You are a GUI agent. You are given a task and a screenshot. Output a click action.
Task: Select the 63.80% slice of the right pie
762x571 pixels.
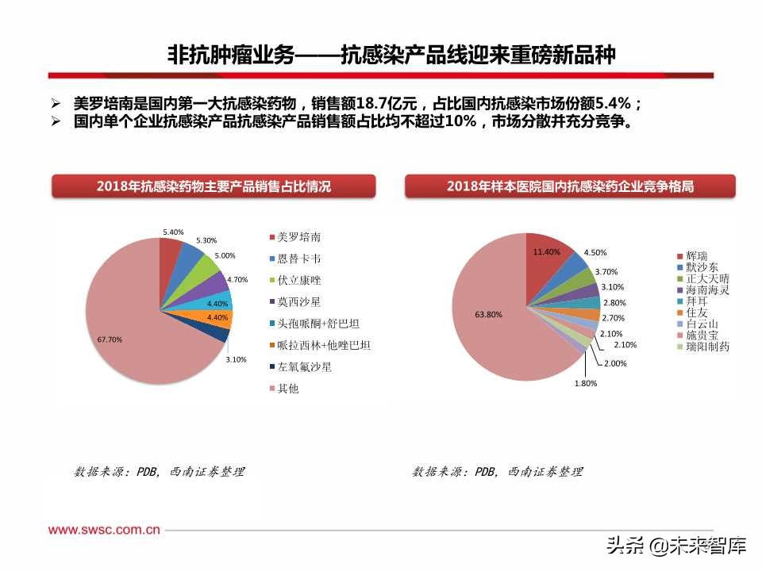(x=492, y=317)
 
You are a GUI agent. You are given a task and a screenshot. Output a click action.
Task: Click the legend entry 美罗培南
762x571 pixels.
(x=299, y=237)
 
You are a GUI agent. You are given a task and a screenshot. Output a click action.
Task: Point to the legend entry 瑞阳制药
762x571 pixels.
(x=707, y=347)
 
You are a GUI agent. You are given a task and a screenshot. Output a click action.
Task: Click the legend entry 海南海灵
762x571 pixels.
(x=707, y=290)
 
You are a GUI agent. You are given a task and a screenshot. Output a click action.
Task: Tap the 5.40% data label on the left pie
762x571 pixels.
(x=173, y=232)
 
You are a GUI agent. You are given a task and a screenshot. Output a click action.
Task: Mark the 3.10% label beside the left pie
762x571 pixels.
(x=237, y=360)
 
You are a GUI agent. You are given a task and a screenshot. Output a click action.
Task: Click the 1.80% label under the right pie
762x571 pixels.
(x=586, y=383)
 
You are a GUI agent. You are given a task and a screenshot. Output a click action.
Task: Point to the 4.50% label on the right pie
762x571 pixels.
(x=595, y=253)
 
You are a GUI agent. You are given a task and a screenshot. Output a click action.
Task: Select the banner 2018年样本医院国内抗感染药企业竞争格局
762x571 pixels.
(x=570, y=186)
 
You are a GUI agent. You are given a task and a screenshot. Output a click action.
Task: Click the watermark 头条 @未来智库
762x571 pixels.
(x=676, y=546)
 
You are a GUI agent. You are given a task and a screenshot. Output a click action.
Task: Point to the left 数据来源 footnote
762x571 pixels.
(x=160, y=472)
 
